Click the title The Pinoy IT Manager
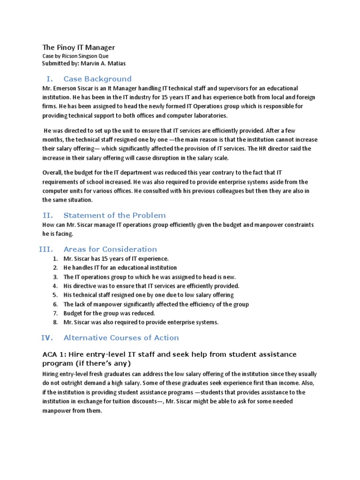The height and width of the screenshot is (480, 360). point(78,47)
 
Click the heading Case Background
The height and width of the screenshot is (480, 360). point(97,79)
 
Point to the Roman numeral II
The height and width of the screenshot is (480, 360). point(47,215)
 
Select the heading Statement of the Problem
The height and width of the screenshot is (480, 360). point(114,215)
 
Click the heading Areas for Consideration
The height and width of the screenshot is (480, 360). point(110,249)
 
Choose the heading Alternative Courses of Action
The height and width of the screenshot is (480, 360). point(121,337)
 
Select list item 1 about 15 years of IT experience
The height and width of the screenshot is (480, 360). point(116,258)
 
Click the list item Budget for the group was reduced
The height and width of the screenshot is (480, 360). point(109,313)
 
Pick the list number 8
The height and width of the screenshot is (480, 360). point(55,322)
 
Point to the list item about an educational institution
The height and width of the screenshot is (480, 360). point(120,268)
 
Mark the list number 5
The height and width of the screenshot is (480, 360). point(55,295)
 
